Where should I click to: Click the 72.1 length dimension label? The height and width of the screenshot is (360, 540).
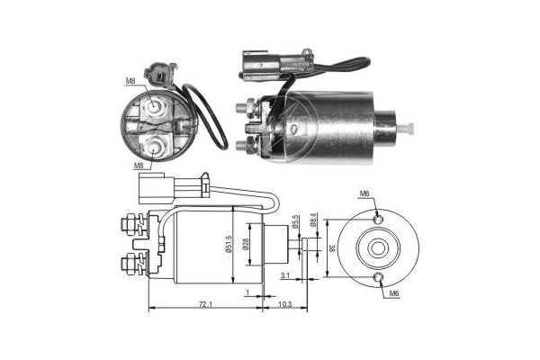[x=205, y=304]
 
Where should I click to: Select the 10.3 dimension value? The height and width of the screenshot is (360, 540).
[x=285, y=304]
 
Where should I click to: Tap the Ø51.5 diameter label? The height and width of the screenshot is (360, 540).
[x=229, y=245]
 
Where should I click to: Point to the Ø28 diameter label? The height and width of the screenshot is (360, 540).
[x=244, y=244]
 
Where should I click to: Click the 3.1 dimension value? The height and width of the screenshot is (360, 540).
[x=284, y=274]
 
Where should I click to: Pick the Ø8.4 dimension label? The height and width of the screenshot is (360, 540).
[x=312, y=220]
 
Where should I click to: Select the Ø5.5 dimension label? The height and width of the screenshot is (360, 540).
[x=295, y=222]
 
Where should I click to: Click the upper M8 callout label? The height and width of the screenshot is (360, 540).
[x=130, y=81]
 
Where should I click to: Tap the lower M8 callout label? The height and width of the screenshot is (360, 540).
[x=139, y=166]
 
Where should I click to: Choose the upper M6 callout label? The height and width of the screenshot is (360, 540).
[x=364, y=193]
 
